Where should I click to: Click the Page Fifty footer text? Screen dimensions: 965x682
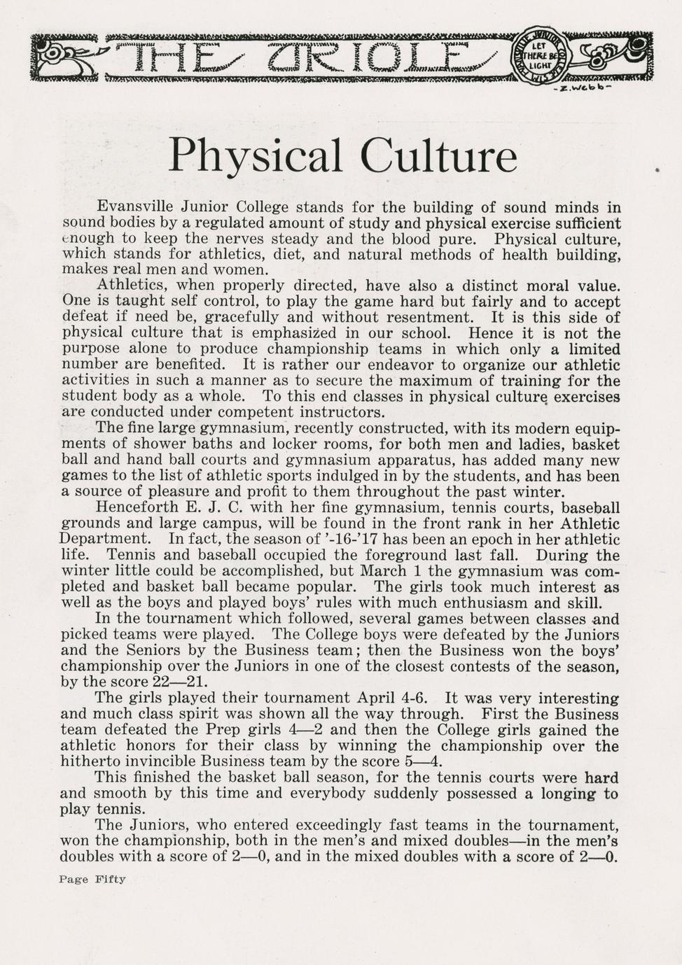[92, 880]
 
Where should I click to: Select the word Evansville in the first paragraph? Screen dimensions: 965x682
[136, 207]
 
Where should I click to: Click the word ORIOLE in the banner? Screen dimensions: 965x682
[371, 56]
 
